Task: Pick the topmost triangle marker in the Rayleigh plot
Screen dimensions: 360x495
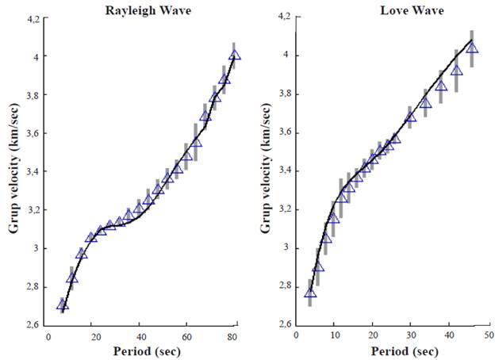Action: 235,56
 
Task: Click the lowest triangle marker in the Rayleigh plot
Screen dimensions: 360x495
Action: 63,304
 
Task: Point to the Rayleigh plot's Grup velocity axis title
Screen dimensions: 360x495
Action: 13,170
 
